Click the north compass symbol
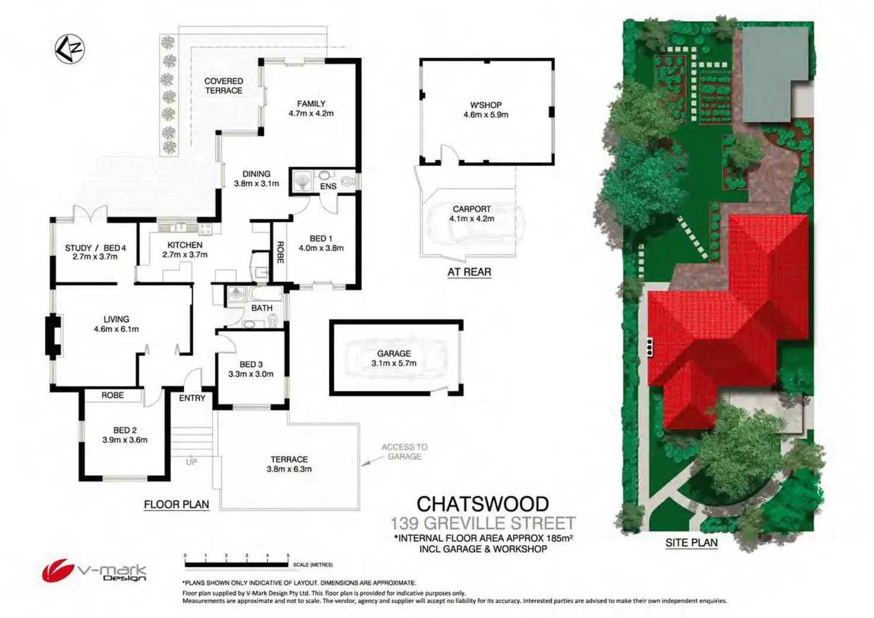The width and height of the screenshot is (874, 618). pos(70,49)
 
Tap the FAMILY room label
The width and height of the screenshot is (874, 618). pos(311,104)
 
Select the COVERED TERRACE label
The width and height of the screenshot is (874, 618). pos(224,85)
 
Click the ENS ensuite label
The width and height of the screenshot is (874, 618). pos(328,186)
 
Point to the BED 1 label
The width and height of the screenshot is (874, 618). pos(321,239)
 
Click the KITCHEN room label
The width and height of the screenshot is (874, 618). pos(185,245)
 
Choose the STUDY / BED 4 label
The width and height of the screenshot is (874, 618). pos(96,248)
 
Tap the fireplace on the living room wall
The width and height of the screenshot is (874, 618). pos(53,336)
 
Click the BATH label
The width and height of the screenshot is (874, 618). pos(261,308)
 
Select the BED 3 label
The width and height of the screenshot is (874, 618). pos(251,364)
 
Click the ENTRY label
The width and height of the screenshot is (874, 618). pos(192,398)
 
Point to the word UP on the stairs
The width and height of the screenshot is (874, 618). pos(191,462)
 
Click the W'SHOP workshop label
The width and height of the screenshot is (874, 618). pos(486,105)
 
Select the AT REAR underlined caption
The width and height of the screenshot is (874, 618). pos(469,272)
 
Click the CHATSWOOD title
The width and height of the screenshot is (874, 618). pos(482,504)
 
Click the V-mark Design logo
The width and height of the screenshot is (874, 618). pos(94,571)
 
